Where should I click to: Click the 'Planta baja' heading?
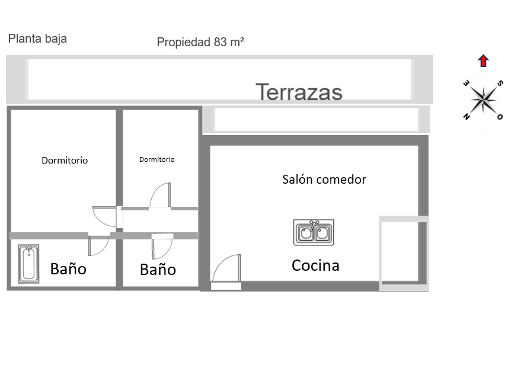click(37, 39)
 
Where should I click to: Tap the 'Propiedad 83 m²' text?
click(200, 42)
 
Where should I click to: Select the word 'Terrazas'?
click(299, 92)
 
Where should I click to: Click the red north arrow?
click(483, 61)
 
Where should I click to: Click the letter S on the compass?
click(500, 83)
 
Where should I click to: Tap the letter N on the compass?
click(466, 116)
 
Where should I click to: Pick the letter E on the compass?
click(466, 83)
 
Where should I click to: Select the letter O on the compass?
click(500, 117)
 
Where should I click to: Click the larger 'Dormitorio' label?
click(65, 161)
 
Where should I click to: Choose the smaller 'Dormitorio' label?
click(157, 159)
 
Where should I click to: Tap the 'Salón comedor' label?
click(324, 180)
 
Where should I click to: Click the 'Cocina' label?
click(315, 265)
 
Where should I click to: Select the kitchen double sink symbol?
click(314, 232)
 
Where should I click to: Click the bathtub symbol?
click(28, 264)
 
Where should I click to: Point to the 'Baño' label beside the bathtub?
click(68, 268)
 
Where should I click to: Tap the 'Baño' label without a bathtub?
click(158, 269)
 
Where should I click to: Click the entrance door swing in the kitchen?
click(226, 269)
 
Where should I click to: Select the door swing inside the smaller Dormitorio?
click(160, 196)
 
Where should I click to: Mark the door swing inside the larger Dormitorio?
click(104, 217)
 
